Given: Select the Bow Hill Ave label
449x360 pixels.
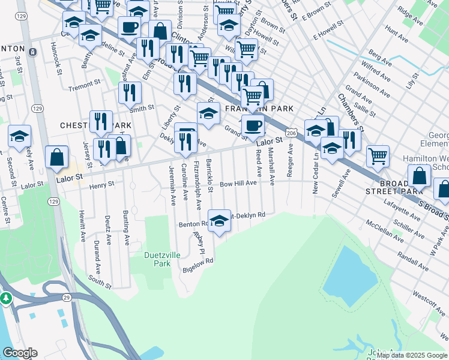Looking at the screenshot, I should pyautogui.click(x=238, y=184).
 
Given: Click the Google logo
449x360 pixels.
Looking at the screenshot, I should pyautogui.click(x=20, y=353).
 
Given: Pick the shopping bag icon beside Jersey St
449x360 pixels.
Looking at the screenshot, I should pyautogui.click(x=56, y=157).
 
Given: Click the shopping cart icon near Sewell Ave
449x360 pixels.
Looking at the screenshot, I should pyautogui.click(x=378, y=156).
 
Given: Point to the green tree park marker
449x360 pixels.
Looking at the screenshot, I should pyautogui.click(x=6, y=298).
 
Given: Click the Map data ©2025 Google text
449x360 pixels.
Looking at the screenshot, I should pyautogui.click(x=412, y=355).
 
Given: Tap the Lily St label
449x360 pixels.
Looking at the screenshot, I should pyautogui.click(x=411, y=80).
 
